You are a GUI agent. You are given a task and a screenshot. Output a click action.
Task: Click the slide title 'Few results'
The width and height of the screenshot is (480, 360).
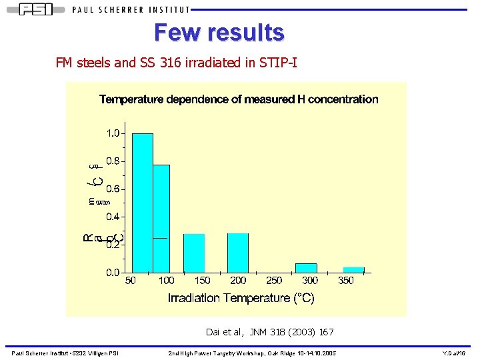tap(219, 31)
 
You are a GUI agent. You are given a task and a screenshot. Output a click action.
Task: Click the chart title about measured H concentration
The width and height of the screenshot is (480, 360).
tap(239, 99)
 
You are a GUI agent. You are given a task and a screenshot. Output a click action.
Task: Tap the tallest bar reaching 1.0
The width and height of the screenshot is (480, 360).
tap(143, 203)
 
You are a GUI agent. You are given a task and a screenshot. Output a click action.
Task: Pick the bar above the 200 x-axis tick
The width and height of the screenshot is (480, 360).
tap(238, 253)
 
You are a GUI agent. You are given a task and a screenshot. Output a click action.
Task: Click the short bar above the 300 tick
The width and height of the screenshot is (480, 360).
tap(306, 267)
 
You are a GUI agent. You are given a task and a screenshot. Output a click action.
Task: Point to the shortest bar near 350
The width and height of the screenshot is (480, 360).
tap(353, 269)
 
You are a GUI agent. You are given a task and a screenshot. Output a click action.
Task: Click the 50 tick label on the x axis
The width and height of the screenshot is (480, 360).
tap(131, 281)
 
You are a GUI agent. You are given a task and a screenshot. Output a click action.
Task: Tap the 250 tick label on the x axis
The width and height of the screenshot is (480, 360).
tap(274, 281)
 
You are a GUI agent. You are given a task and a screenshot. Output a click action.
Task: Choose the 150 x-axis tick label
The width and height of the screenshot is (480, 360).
tap(202, 281)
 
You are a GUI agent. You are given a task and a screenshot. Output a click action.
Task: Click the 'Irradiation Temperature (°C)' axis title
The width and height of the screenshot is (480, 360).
tap(241, 298)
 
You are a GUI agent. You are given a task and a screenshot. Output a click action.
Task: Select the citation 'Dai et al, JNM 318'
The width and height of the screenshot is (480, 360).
tap(270, 331)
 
